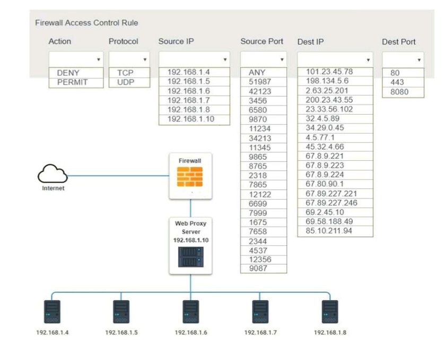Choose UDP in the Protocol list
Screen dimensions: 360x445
pyautogui.click(x=125, y=82)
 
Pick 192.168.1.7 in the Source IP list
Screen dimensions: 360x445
pyautogui.click(x=189, y=100)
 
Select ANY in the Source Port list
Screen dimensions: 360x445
pyautogui.click(x=257, y=72)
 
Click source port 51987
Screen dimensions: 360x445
pyautogui.click(x=260, y=82)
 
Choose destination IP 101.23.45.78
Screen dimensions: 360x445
pyautogui.click(x=329, y=72)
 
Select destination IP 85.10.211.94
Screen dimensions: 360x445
pyautogui.click(x=329, y=231)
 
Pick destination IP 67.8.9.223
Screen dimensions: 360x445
pyautogui.click(x=325, y=165)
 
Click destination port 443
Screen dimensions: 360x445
pyautogui.click(x=397, y=82)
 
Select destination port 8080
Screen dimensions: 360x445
pyautogui.click(x=399, y=92)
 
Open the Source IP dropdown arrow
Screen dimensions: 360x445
pyautogui.click(x=225, y=59)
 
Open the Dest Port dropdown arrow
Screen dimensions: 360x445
pyautogui.click(x=419, y=60)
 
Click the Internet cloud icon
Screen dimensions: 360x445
pyautogui.click(x=53, y=174)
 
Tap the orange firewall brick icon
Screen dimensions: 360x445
pyautogui.click(x=190, y=177)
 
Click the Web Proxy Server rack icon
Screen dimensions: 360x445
pyautogui.click(x=190, y=256)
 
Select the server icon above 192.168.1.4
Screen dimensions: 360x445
pyautogui.click(x=52, y=312)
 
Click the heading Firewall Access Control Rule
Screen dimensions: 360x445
pyautogui.click(x=86, y=23)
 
